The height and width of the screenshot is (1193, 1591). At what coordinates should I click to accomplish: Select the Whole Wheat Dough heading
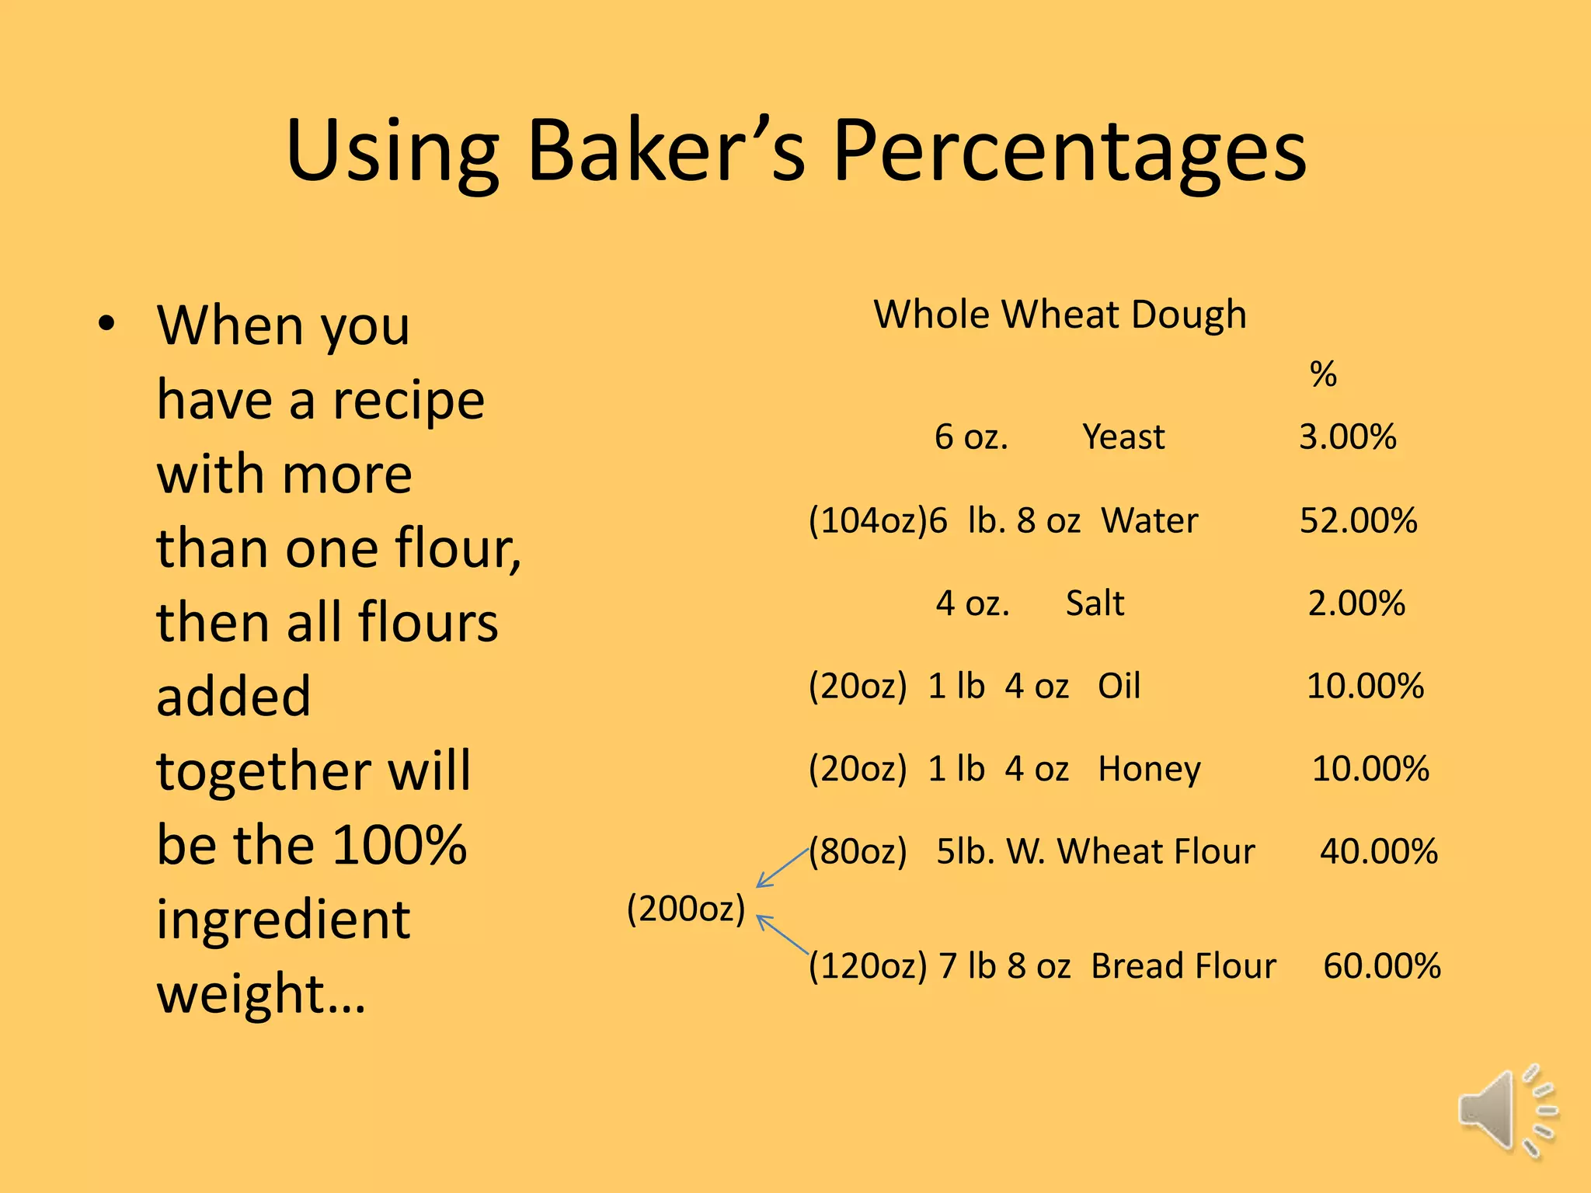point(1060,315)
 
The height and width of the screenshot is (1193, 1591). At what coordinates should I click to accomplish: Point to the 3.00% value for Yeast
point(1348,437)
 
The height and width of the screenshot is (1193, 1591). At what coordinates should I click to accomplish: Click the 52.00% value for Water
point(1358,520)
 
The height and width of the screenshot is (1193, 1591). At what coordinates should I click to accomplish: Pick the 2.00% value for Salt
point(1356,603)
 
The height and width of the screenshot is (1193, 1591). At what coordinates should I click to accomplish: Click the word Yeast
point(1123,437)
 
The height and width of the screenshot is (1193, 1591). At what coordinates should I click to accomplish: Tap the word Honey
point(1149,769)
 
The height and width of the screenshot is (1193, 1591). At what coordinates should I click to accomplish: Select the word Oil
point(1119,686)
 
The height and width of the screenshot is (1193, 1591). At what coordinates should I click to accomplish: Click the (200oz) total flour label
point(686,909)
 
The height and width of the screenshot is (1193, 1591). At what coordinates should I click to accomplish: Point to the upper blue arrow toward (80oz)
point(782,868)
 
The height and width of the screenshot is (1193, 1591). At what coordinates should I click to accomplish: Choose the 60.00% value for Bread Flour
point(1381,966)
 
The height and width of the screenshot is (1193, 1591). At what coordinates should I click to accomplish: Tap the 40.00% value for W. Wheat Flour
point(1378,851)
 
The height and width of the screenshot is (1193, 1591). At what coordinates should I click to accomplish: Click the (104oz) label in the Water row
point(868,520)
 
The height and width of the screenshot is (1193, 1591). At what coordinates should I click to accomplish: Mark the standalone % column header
point(1323,375)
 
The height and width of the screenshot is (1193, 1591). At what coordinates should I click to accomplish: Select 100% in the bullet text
point(400,844)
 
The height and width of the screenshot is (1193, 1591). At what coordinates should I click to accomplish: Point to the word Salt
point(1095,603)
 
